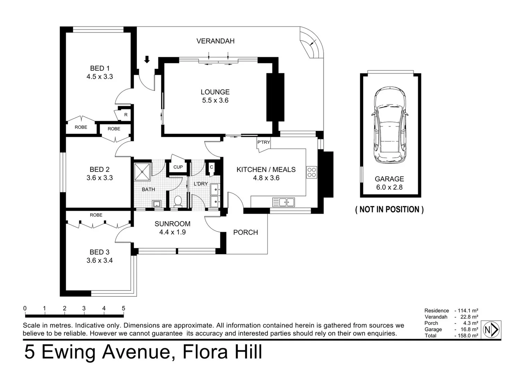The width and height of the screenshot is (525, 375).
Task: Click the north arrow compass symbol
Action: click(491, 330)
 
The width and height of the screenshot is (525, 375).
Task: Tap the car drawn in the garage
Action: click(390, 125)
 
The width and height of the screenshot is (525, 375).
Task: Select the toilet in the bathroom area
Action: click(178, 201)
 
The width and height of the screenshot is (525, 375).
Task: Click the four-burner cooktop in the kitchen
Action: click(312, 172)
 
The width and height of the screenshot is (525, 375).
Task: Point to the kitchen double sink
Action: click(283, 202)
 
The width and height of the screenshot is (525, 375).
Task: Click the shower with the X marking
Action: click(142, 172)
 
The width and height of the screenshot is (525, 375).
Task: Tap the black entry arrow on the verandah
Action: click(147, 59)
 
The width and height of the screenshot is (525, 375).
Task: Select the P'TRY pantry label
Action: click(264, 142)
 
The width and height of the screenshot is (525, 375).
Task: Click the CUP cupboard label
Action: click(178, 167)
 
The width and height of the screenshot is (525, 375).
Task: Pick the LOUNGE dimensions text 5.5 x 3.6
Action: click(215, 100)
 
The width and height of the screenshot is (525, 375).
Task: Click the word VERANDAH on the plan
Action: click(215, 41)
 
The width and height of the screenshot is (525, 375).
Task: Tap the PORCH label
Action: click(246, 232)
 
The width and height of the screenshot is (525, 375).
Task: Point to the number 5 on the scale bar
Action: click(124, 308)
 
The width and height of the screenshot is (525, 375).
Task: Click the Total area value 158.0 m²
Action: click(466, 336)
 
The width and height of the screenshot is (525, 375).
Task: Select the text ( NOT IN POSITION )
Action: click(390, 209)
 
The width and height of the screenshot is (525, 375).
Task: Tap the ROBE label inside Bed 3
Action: click(96, 215)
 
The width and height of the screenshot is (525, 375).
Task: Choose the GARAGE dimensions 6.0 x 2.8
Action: click(390, 187)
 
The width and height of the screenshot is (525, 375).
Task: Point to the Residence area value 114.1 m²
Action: click(466, 310)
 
